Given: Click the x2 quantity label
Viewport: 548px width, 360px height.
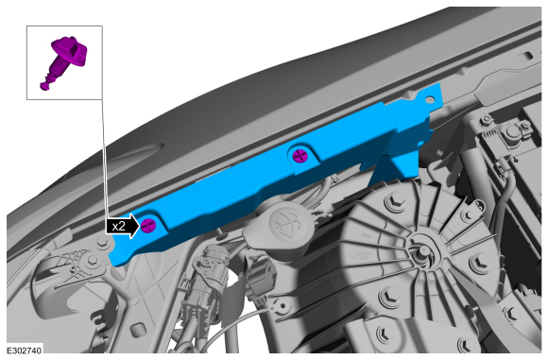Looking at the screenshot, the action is pyautogui.click(x=118, y=227).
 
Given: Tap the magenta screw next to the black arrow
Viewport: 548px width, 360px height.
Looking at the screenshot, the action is pyautogui.click(x=148, y=225).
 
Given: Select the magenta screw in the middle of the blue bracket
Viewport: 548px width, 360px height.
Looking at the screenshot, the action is pyautogui.click(x=300, y=156).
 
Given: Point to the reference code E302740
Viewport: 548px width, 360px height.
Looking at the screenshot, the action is pyautogui.click(x=25, y=351).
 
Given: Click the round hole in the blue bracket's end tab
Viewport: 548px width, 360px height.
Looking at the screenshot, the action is pyautogui.click(x=429, y=100).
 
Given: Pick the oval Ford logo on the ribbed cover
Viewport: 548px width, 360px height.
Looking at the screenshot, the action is pyautogui.click(x=359, y=256).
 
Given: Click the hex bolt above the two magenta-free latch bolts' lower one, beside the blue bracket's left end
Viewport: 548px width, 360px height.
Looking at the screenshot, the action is pyautogui.click(x=102, y=242).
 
